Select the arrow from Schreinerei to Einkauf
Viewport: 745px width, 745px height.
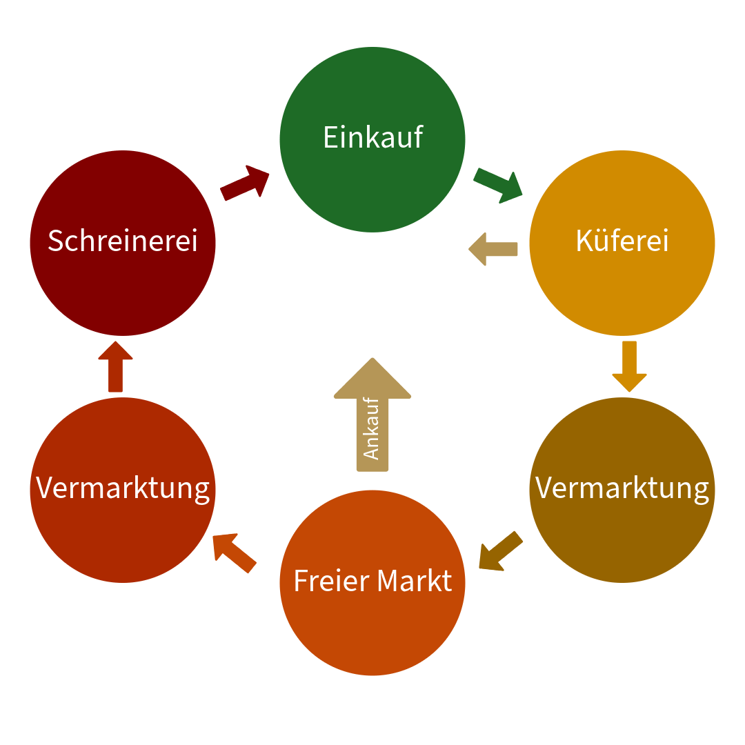tap(245, 183)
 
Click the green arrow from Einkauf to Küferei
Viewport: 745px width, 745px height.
tap(498, 184)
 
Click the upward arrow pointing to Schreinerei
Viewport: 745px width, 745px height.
tap(115, 366)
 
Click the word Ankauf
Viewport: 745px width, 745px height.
tap(372, 428)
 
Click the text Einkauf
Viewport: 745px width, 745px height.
tap(372, 137)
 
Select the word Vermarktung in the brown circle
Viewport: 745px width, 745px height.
tap(622, 488)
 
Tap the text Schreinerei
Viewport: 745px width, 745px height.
tap(123, 241)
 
